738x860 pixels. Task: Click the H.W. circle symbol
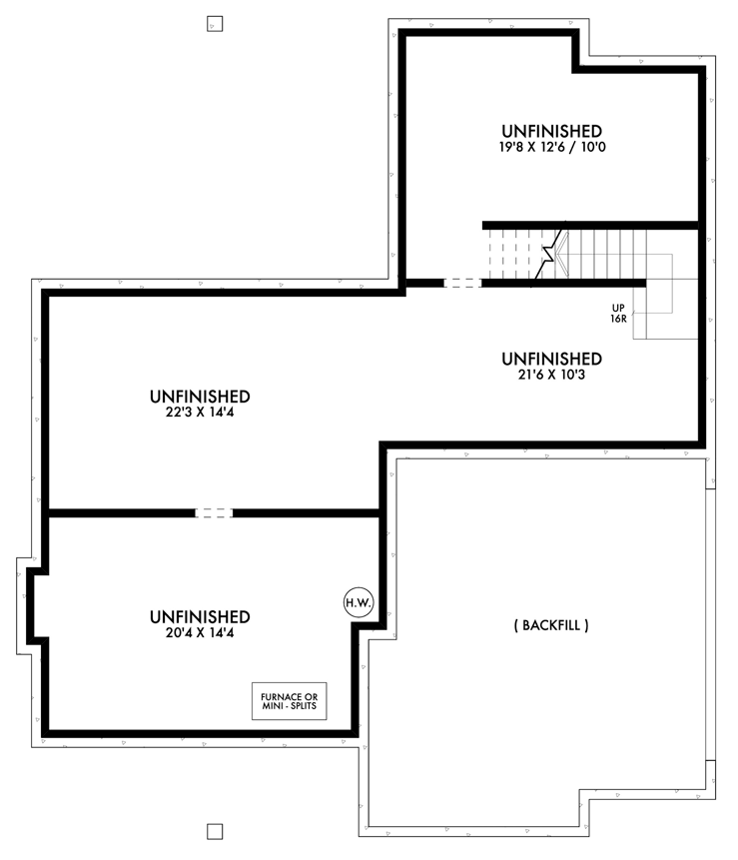(359, 602)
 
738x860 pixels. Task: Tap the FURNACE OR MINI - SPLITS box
(289, 702)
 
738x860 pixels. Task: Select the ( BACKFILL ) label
(551, 626)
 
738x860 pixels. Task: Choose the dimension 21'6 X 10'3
(551, 376)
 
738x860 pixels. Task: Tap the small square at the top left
(214, 23)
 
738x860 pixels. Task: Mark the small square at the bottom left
(214, 831)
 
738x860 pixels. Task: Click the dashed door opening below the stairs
(462, 283)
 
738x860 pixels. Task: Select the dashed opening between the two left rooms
(213, 513)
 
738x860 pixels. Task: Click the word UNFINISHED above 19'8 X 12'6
(551, 131)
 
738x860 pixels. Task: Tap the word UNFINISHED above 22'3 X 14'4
(200, 397)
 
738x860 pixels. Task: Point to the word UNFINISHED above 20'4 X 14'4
(200, 616)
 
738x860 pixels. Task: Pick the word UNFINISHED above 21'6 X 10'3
(551, 359)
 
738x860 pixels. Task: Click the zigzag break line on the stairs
(548, 250)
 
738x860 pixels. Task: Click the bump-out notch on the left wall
(30, 603)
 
